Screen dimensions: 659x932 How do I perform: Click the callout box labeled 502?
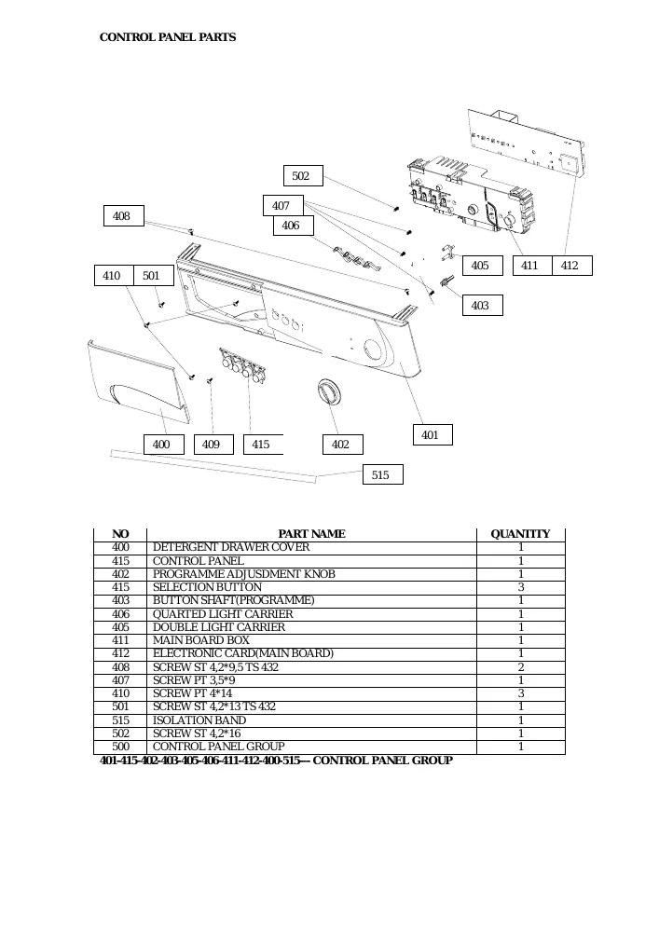(x=303, y=176)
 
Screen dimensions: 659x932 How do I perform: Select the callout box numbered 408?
(x=124, y=216)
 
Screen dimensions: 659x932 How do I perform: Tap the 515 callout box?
(x=383, y=474)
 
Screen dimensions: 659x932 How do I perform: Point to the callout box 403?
(x=483, y=306)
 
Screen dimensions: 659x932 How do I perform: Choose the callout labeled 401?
(x=432, y=434)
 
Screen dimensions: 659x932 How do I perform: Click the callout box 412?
(x=572, y=265)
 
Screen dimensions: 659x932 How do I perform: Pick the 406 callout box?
(x=293, y=226)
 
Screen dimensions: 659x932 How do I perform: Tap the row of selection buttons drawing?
(x=241, y=365)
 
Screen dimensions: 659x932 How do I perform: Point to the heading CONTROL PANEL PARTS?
(x=168, y=37)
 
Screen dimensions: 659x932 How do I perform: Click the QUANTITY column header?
(x=520, y=534)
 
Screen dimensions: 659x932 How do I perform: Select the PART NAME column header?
(x=311, y=534)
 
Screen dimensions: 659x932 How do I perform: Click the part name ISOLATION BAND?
(x=199, y=720)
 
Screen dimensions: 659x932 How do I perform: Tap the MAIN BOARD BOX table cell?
(x=200, y=640)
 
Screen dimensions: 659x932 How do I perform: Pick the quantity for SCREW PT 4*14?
(x=521, y=693)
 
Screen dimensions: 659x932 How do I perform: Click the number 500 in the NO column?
(x=120, y=746)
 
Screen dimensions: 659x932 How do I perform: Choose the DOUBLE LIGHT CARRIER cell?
(x=219, y=627)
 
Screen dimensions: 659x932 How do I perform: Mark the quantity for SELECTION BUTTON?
(x=521, y=587)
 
